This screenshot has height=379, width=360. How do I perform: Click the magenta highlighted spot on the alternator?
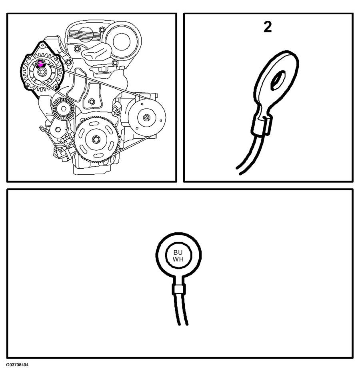click(41, 64)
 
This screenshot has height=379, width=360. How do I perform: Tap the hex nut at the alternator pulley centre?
click(42, 72)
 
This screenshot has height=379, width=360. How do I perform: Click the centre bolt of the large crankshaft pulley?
click(96, 139)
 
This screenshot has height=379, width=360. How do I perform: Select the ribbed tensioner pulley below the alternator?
click(63, 109)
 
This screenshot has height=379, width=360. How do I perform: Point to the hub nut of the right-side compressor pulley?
click(146, 118)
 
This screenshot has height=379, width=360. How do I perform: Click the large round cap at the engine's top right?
click(122, 41)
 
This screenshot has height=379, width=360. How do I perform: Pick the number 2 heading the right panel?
click(268, 27)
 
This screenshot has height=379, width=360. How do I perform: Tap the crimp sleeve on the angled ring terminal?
click(262, 125)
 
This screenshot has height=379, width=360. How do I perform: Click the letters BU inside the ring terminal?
click(178, 253)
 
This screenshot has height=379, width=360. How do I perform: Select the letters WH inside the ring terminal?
click(178, 259)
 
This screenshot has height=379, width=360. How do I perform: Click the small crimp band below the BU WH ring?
click(179, 289)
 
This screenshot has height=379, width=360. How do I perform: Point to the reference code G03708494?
click(18, 365)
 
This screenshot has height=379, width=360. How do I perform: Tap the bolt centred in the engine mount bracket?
click(92, 102)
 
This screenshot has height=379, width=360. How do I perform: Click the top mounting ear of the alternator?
click(42, 44)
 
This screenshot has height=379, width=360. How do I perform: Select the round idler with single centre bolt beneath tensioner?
click(58, 130)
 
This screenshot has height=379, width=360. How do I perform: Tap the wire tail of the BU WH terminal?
click(181, 310)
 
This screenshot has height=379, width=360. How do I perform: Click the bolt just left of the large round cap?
click(102, 30)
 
